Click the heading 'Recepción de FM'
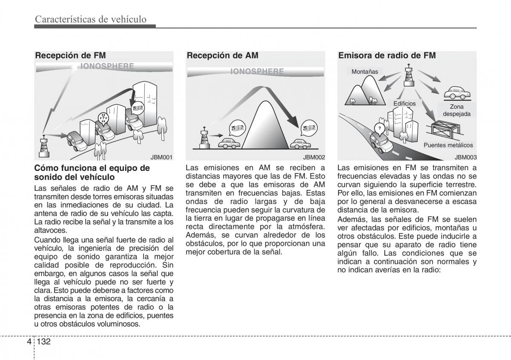[x=70, y=55]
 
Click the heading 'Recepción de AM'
[x=222, y=55]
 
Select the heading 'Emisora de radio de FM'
[x=387, y=55]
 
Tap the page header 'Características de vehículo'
[x=91, y=19]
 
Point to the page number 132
[x=44, y=342]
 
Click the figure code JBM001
[x=162, y=157]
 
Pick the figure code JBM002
[x=314, y=157]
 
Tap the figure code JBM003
[x=465, y=157]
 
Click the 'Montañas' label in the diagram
[x=365, y=72]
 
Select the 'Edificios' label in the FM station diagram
[x=405, y=104]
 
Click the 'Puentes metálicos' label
[x=448, y=145]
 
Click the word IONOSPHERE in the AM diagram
[x=257, y=71]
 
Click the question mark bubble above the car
[x=379, y=127]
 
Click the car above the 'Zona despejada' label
[x=457, y=92]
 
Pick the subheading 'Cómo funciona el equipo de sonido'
[x=92, y=172]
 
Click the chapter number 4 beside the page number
[x=28, y=342]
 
